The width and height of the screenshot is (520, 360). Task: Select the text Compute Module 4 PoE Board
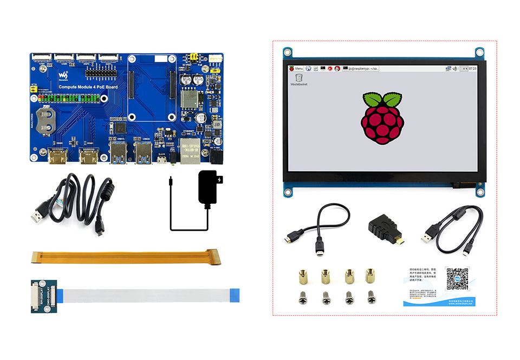tap(87, 87)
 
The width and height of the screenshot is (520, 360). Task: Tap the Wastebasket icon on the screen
tap(298, 78)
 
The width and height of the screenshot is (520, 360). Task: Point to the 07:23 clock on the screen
tap(472, 69)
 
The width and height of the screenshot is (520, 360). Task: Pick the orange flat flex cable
tap(126, 258)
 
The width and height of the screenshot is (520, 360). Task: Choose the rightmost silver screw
tap(371, 297)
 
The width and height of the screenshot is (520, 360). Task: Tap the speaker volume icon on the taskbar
tap(454, 69)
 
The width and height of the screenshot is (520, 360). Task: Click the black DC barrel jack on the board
tap(217, 157)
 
